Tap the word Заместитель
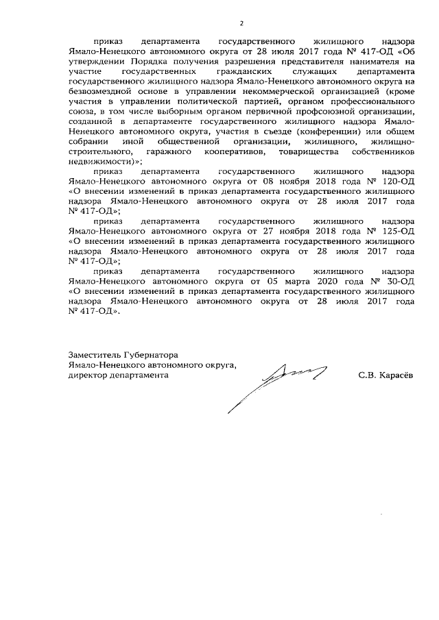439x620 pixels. click(x=94, y=355)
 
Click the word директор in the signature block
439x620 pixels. click(x=89, y=375)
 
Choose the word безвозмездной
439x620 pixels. click(x=99, y=90)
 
